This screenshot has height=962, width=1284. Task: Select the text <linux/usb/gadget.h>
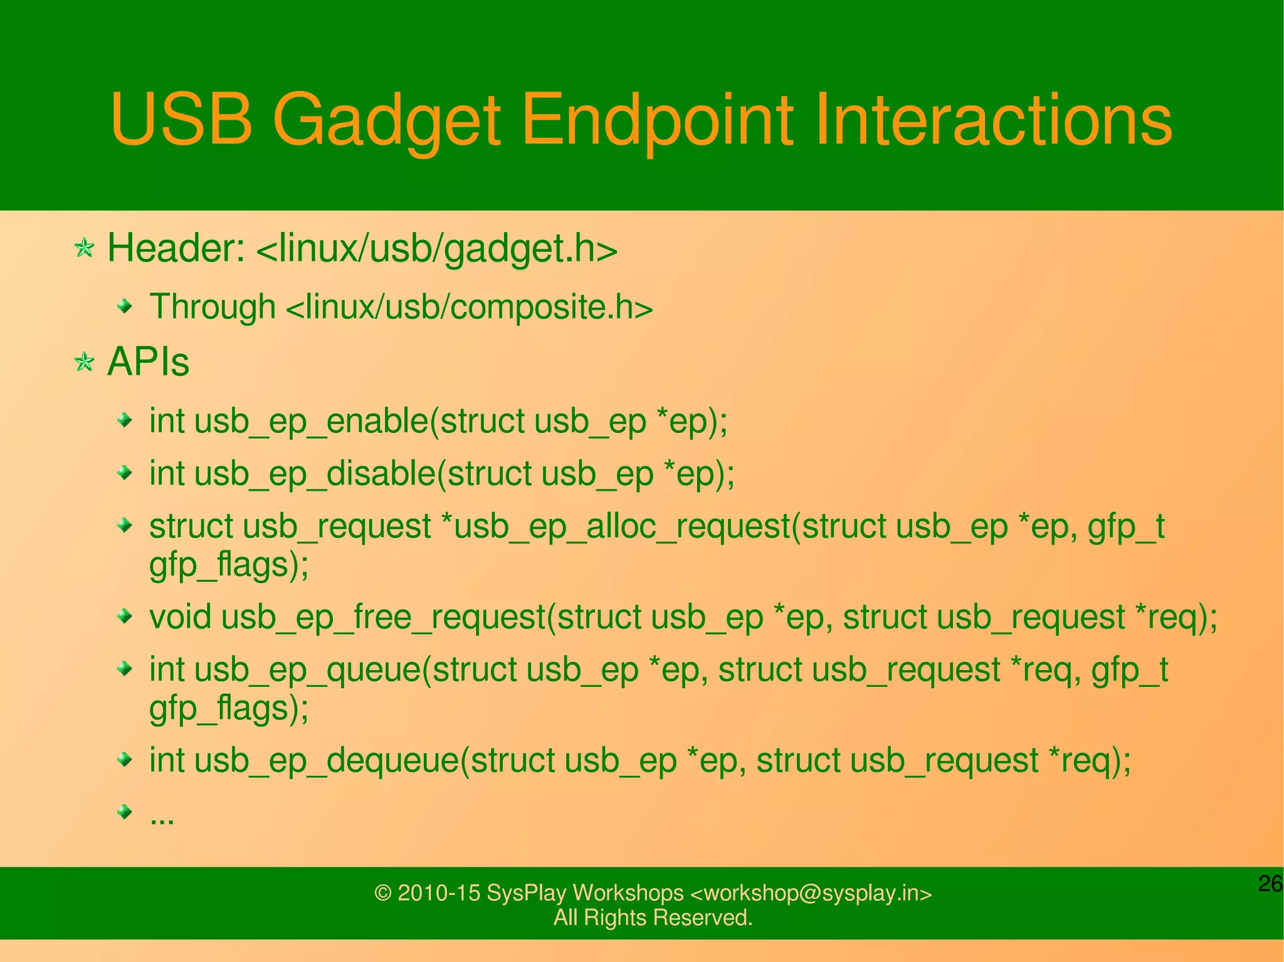437,249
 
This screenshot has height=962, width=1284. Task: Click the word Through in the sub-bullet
213,307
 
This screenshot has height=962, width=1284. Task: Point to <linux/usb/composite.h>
469,307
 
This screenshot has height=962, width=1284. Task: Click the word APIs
148,362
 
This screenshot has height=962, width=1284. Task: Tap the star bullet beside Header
84,248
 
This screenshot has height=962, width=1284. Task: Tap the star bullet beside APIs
84,362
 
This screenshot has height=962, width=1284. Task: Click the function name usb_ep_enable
311,421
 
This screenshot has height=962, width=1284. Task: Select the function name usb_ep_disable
315,474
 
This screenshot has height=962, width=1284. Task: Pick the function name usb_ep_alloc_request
621,526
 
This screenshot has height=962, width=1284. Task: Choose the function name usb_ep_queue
307,670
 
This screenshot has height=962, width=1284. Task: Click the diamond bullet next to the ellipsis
125,812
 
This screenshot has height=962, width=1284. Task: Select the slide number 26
1270,884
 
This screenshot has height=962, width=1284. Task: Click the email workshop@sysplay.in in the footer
811,892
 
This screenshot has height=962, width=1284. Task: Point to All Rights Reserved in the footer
653,918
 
